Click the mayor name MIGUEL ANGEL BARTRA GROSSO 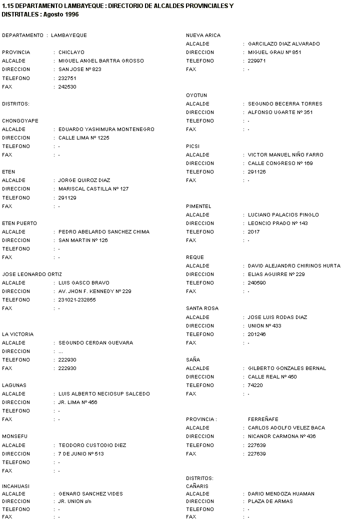(x=100, y=61)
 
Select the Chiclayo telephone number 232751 (x=67, y=78)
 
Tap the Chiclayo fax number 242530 (x=67, y=87)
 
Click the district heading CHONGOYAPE (x=20, y=121)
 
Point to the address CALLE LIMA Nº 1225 (x=83, y=138)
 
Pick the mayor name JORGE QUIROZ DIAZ (x=84, y=180)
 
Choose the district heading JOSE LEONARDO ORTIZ (x=32, y=274)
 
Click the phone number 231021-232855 (x=77, y=300)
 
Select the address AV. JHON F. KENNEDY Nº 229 (x=94, y=291)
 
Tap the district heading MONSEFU (x=15, y=436)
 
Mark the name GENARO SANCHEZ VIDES (x=90, y=493)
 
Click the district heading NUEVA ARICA (x=203, y=35)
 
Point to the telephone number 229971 (x=257, y=61)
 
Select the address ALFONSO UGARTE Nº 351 (x=280, y=112)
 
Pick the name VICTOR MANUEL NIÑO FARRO (x=285, y=155)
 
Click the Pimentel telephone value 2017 (x=254, y=232)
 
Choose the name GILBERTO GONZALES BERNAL (x=287, y=368)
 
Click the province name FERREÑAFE (x=263, y=419)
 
